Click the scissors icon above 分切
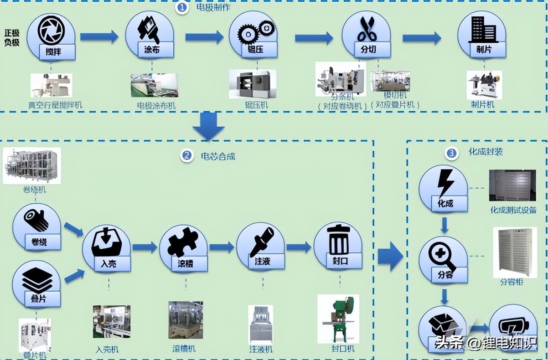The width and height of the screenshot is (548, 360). (x=366, y=29)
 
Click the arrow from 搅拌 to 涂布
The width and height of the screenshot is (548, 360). (x=99, y=37)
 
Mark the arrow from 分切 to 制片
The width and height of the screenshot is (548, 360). (x=421, y=38)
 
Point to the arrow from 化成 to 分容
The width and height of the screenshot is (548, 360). (x=445, y=224)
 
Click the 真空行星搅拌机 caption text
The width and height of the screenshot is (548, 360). (x=55, y=105)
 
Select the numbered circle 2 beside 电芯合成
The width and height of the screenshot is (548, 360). (x=186, y=156)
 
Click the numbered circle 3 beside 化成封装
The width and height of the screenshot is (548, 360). (x=451, y=154)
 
